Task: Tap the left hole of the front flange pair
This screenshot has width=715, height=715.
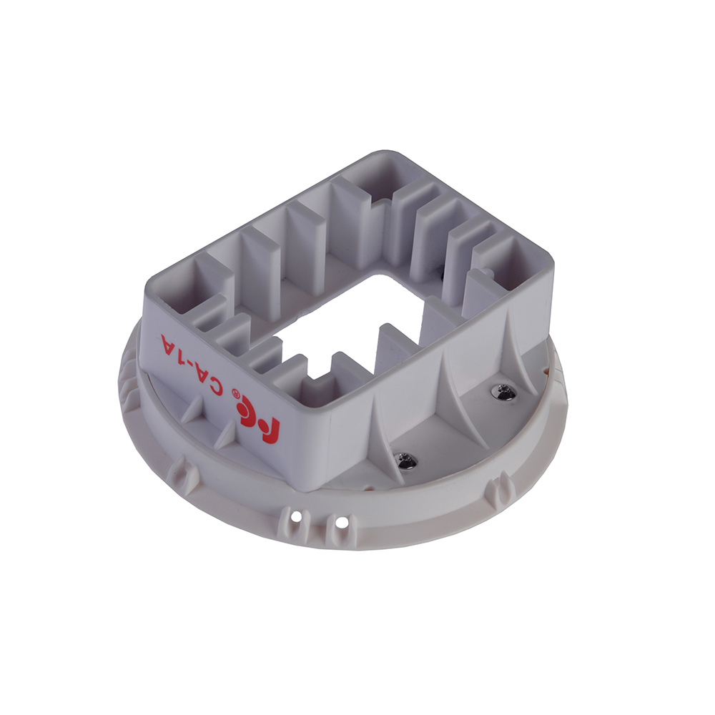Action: pos(296,516)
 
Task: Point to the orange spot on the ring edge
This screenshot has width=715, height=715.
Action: pos(547,372)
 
